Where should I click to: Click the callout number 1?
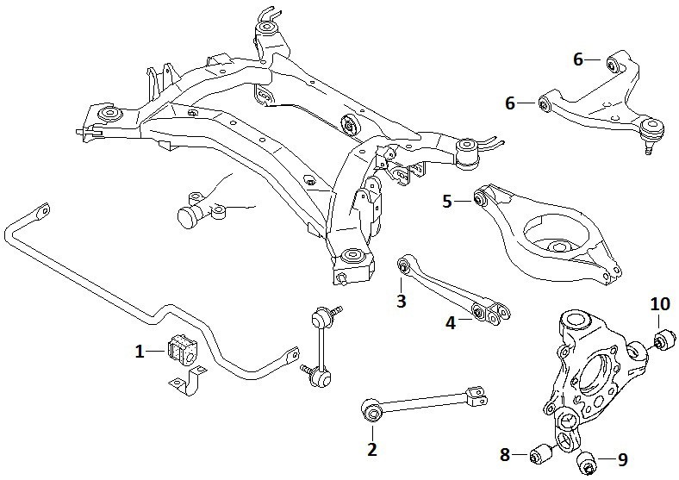pyautogui.click(x=140, y=352)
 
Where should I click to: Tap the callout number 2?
pyautogui.click(x=372, y=450)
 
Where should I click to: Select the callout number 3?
pyautogui.click(x=402, y=300)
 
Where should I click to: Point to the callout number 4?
pyautogui.click(x=452, y=323)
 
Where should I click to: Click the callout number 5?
pyautogui.click(x=447, y=202)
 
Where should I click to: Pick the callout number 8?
pyautogui.click(x=504, y=455)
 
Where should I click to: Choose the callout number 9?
pyautogui.click(x=622, y=459)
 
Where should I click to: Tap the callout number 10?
pyautogui.click(x=660, y=304)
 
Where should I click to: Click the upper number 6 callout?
pyautogui.click(x=578, y=59)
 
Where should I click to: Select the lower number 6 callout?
pyautogui.click(x=511, y=103)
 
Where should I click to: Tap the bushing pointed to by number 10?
pyautogui.click(x=663, y=340)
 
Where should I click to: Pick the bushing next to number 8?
pyautogui.click(x=540, y=454)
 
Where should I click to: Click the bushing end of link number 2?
pyautogui.click(x=371, y=410)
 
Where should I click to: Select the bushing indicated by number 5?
pyautogui.click(x=479, y=200)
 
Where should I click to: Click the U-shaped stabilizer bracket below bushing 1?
pyautogui.click(x=188, y=381)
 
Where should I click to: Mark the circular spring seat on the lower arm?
pyautogui.click(x=557, y=236)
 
